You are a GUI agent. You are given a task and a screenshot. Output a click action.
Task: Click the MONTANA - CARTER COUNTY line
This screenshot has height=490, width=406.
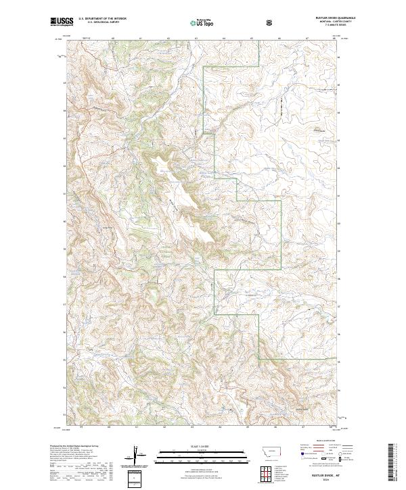[332, 22]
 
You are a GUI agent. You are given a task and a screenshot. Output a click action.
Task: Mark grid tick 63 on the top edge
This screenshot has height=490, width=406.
[195, 39]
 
